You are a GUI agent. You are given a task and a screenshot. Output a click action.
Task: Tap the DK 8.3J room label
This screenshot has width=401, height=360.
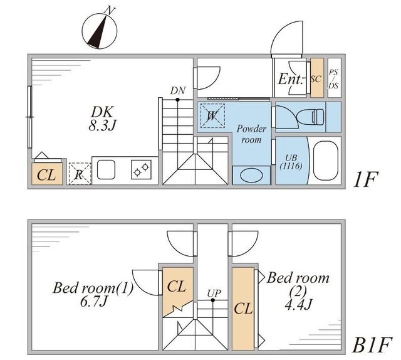(103, 119)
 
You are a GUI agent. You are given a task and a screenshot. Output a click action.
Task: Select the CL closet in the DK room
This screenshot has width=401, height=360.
(46, 174)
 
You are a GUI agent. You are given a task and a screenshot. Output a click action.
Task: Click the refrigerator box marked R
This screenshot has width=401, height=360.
(79, 174)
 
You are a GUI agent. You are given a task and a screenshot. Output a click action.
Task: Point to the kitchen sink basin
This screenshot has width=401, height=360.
(105, 169)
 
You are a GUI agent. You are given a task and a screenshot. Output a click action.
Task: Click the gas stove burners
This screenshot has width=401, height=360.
(142, 169)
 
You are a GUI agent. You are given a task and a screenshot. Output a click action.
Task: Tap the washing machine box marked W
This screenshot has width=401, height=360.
(212, 115)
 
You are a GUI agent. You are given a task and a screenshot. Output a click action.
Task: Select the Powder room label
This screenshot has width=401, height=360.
(251, 134)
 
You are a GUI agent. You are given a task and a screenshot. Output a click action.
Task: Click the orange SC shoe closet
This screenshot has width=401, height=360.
(316, 78)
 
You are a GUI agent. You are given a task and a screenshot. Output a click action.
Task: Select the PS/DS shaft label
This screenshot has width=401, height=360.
(333, 78)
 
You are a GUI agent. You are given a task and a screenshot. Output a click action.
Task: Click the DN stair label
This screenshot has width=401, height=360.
(178, 90)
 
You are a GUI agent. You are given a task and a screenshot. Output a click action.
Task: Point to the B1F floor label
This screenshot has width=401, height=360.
(372, 344)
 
